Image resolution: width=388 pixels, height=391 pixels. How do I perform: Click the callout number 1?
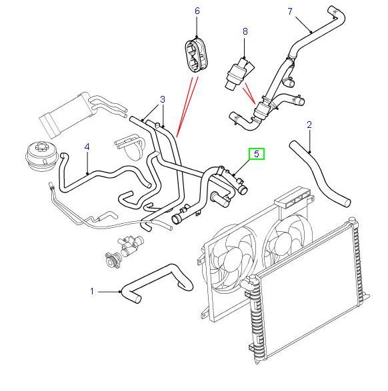92,291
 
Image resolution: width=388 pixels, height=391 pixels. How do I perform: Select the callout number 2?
309,125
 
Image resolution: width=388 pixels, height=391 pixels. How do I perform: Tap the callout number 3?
163,99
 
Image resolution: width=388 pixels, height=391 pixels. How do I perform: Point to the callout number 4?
87,147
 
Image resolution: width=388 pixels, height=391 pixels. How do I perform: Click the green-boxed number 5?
257,154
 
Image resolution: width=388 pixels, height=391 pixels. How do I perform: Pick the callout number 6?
197,11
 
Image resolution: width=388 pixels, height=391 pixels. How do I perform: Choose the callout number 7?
290,11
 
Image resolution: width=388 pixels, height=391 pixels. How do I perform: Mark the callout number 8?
245,31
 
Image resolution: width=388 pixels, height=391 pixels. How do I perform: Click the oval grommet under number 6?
197,55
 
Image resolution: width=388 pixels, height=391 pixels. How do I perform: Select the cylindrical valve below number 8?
238,73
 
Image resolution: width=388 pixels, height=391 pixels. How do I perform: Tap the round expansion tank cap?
42,156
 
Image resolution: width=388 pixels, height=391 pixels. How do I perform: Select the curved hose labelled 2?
321,174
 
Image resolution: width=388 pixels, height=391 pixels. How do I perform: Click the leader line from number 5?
242,167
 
